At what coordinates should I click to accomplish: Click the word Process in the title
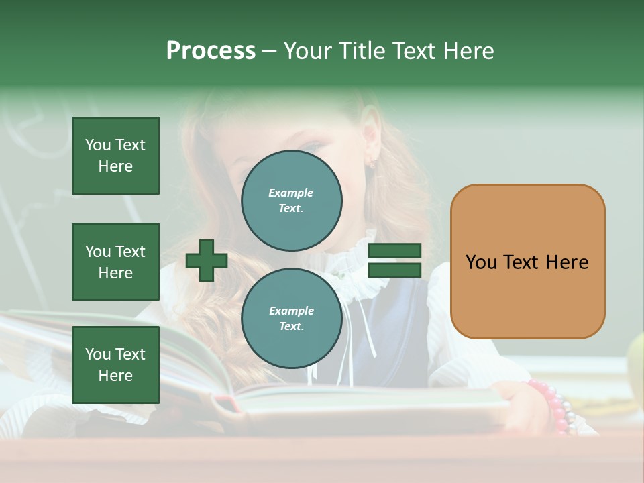(x=211, y=51)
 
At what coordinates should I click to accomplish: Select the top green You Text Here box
(x=115, y=156)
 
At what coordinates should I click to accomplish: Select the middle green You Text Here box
(x=115, y=262)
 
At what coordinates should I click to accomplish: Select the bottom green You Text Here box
(x=115, y=365)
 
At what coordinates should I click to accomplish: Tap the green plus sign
(x=207, y=260)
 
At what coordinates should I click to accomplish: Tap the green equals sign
(x=394, y=260)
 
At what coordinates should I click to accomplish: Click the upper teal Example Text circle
(x=291, y=201)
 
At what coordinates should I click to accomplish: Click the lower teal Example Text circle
(x=291, y=319)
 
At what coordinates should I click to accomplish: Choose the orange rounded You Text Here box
(x=527, y=262)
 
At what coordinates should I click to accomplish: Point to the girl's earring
(x=370, y=162)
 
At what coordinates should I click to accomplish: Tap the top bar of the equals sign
(x=394, y=251)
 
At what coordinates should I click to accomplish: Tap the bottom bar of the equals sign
(x=394, y=270)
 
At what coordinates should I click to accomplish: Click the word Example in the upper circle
(x=291, y=193)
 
